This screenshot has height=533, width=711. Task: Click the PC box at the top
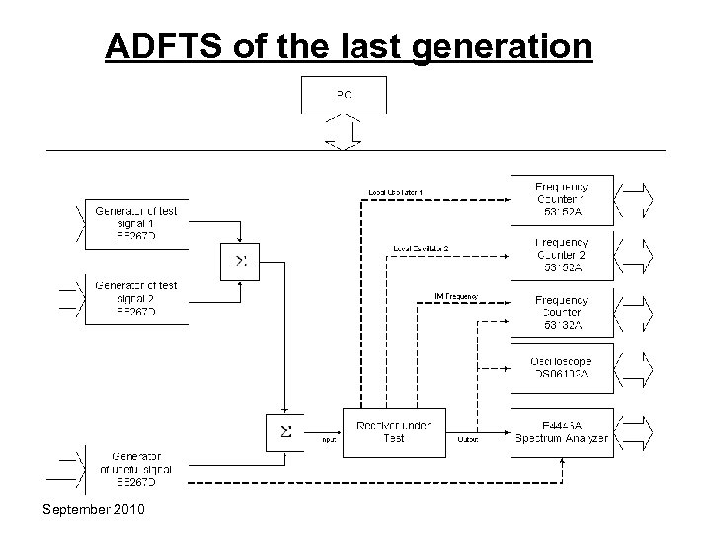coord(344,96)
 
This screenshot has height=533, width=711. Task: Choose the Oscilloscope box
coord(561,368)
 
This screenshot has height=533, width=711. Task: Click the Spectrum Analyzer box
coord(561,430)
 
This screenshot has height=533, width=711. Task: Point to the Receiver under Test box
coord(393,430)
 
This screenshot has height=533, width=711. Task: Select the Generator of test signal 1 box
coord(137,223)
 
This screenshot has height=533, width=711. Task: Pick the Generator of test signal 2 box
coord(137,299)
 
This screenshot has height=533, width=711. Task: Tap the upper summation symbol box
coord(239,262)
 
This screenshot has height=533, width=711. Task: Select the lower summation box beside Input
coord(285,430)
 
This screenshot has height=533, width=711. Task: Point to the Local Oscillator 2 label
coord(421,248)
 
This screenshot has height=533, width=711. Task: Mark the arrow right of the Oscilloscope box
coord(633,368)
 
